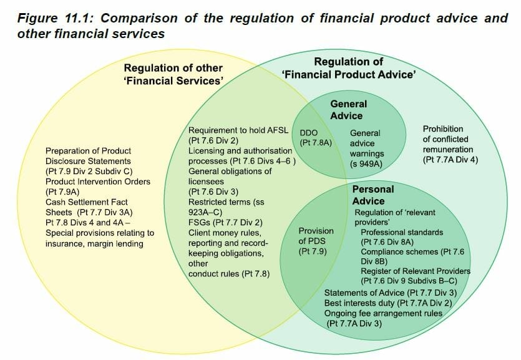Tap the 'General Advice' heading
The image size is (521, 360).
(348, 110)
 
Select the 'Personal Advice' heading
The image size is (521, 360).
(372, 195)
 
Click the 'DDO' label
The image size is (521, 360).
(309, 133)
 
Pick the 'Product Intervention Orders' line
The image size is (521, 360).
(98, 182)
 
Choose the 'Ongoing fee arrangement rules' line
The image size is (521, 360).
(383, 313)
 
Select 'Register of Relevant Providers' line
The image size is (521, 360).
(415, 271)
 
